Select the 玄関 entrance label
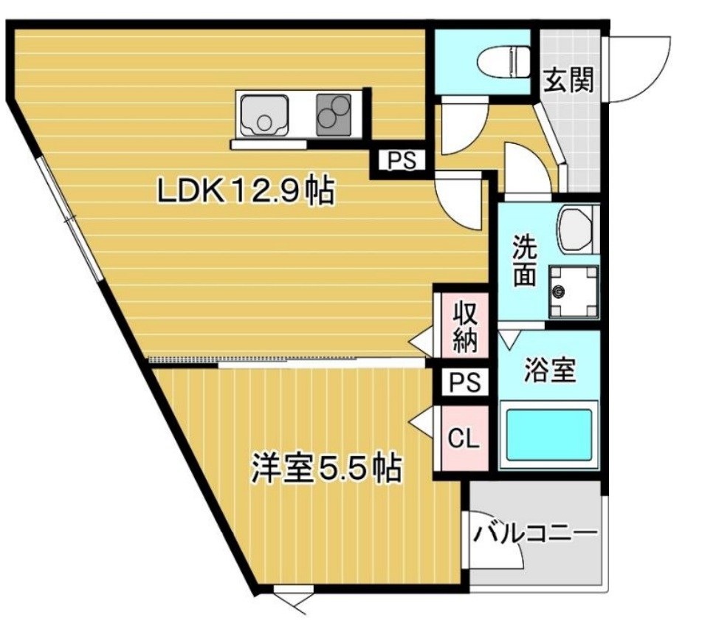click(x=569, y=79)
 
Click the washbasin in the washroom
click(x=576, y=229)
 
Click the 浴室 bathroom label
click(x=549, y=369)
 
